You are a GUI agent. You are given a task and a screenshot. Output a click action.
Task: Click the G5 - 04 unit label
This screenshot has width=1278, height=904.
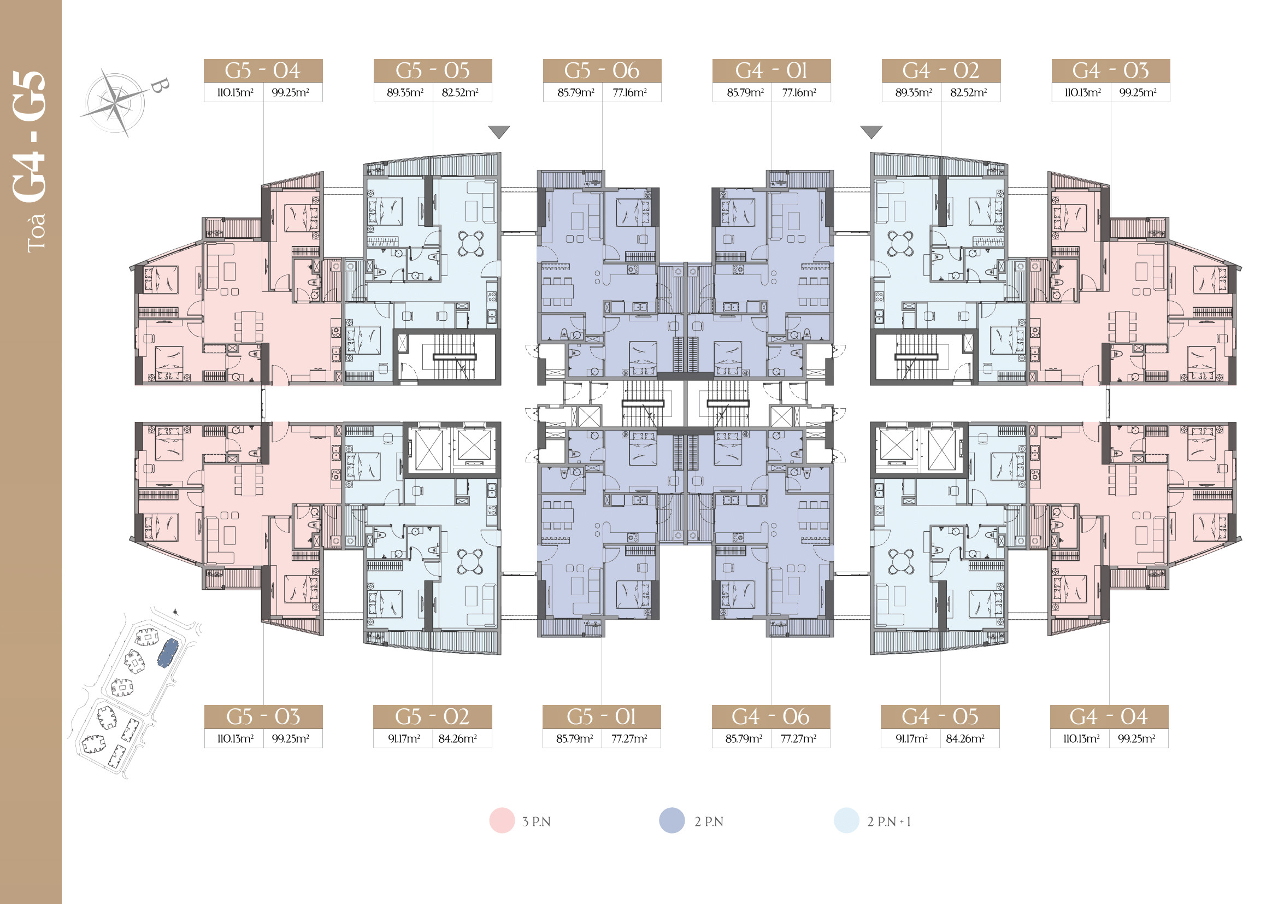[x=263, y=71]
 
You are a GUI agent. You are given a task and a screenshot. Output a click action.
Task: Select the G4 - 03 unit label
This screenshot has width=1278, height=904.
[x=1110, y=71]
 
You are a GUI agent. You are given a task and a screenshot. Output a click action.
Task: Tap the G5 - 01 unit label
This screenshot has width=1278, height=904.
[x=602, y=717]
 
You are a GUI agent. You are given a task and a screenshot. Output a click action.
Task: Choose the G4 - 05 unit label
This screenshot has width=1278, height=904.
[x=940, y=717]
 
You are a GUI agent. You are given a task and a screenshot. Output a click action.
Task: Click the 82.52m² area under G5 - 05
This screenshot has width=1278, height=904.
[x=460, y=92]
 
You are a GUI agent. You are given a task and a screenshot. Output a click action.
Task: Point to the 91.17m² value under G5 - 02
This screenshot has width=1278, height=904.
[x=404, y=739]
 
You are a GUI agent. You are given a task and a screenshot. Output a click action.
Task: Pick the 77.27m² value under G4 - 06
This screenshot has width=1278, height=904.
[x=799, y=739]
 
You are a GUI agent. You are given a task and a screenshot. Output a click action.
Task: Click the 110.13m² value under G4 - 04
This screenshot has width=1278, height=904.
[x=1081, y=739]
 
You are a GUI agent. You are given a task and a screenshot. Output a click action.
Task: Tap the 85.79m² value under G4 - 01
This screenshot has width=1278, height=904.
[x=745, y=92]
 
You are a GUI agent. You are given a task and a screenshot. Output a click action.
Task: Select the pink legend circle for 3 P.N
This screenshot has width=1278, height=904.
[x=502, y=820]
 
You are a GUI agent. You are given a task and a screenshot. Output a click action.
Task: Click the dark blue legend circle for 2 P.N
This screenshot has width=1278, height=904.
[x=672, y=820]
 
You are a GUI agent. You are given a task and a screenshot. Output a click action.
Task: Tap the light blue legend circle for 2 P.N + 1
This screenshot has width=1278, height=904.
[x=846, y=820]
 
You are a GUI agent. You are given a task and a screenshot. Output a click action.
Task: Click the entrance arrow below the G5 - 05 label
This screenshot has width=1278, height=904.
[x=499, y=132]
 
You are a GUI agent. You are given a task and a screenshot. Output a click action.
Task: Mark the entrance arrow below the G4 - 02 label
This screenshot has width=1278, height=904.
[x=871, y=132]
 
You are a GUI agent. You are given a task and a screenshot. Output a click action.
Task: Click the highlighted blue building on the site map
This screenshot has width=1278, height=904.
[x=168, y=653]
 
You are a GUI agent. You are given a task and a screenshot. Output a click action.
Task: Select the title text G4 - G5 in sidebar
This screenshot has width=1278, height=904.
[x=30, y=137]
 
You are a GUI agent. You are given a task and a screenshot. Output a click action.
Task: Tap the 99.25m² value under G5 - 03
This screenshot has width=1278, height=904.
[x=291, y=739]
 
